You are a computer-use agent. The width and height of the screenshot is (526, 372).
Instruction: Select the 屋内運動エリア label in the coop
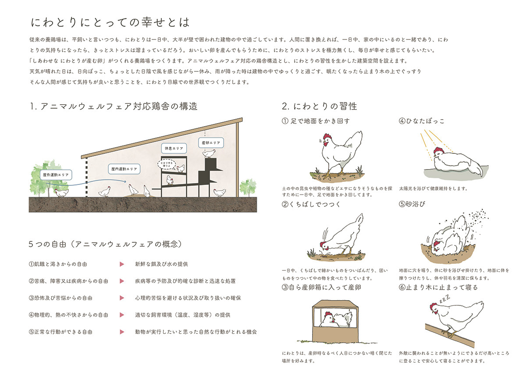coord(124,168)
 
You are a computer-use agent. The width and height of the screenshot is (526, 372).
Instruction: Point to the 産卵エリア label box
coord(211,143)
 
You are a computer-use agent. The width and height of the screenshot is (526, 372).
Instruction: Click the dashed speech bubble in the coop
coord(167,166)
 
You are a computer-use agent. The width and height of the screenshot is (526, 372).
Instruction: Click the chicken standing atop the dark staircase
coord(210,153)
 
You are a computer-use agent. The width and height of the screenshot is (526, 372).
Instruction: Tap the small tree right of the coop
coord(248,188)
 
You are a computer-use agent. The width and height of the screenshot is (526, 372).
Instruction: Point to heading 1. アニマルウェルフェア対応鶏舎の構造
coord(114,106)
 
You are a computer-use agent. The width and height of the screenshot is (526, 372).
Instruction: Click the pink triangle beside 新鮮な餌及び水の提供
coord(121,265)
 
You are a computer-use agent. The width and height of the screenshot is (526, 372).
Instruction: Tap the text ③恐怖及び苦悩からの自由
coord(60,298)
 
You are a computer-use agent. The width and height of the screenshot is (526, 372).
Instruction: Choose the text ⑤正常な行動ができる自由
coord(60,332)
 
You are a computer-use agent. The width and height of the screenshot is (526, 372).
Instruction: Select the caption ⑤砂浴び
coord(412,204)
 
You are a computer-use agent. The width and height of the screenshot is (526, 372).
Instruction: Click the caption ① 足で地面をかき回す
coord(316,121)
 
